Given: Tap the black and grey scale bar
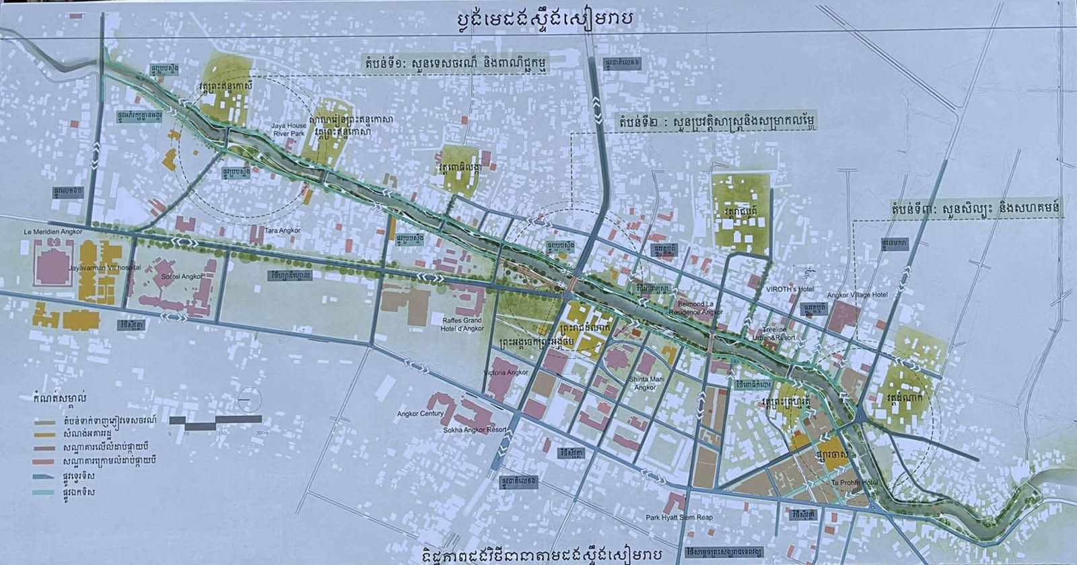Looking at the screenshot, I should point(213,422).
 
